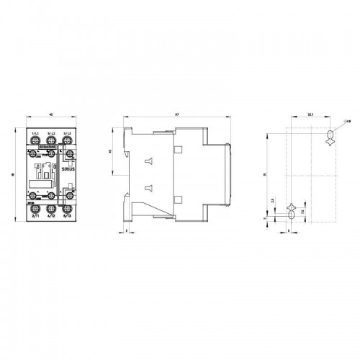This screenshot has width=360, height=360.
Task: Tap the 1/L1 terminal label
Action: tap(35, 135)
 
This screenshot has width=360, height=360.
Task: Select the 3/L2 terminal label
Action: tap(51, 135)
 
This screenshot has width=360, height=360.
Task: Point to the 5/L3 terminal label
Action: tap(67, 135)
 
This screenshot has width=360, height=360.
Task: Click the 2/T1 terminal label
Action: tap(35, 214)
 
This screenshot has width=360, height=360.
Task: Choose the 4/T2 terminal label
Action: tap(51, 214)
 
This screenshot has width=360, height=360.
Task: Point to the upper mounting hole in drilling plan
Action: tap(330, 137)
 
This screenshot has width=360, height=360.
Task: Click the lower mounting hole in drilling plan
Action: tap(291, 212)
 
